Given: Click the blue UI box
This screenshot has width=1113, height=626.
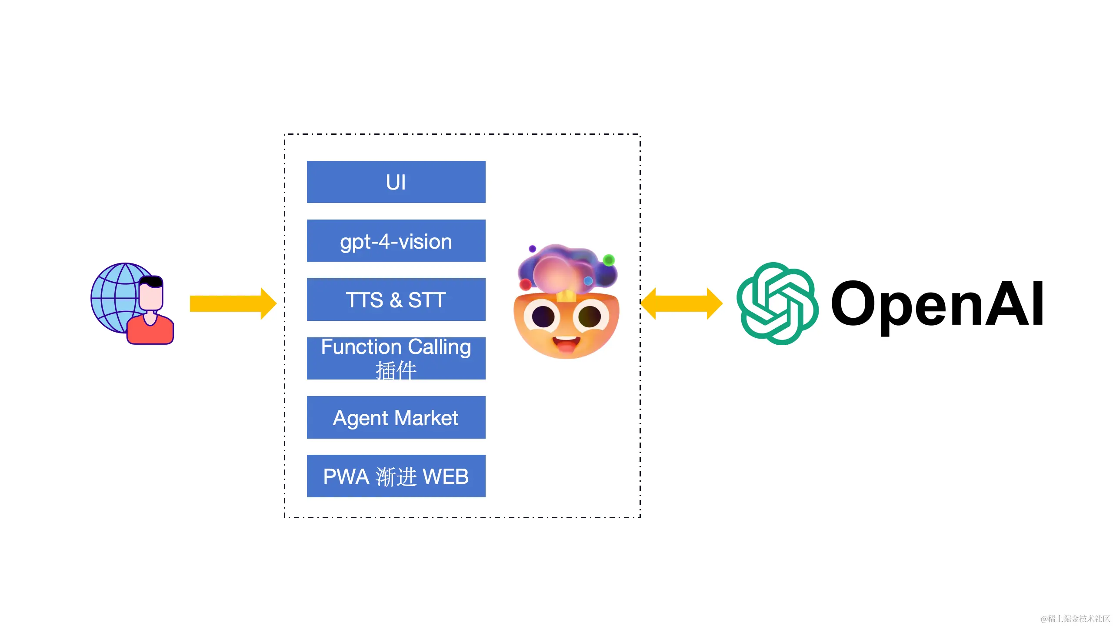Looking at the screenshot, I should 396,182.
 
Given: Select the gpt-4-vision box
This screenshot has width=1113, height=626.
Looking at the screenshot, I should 396,241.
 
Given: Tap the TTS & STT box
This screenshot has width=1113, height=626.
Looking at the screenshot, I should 396,300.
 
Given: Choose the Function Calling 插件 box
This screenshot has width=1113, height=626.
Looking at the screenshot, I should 396,358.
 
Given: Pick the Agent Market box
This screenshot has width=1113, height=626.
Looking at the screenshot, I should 396,417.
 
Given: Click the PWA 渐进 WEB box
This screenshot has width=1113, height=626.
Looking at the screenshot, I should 396,476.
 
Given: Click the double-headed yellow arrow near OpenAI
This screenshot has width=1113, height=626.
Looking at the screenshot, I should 681,303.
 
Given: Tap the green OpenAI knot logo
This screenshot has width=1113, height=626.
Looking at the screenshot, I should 777,303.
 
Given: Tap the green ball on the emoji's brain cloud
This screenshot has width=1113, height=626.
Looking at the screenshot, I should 609,260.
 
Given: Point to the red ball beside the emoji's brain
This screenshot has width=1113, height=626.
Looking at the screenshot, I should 525,285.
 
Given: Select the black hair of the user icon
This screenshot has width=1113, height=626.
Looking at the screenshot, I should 152,281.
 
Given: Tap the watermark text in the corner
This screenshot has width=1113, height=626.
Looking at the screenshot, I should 1075,618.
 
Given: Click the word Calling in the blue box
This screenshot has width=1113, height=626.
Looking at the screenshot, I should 439,347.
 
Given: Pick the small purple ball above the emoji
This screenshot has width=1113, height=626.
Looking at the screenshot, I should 532,249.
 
